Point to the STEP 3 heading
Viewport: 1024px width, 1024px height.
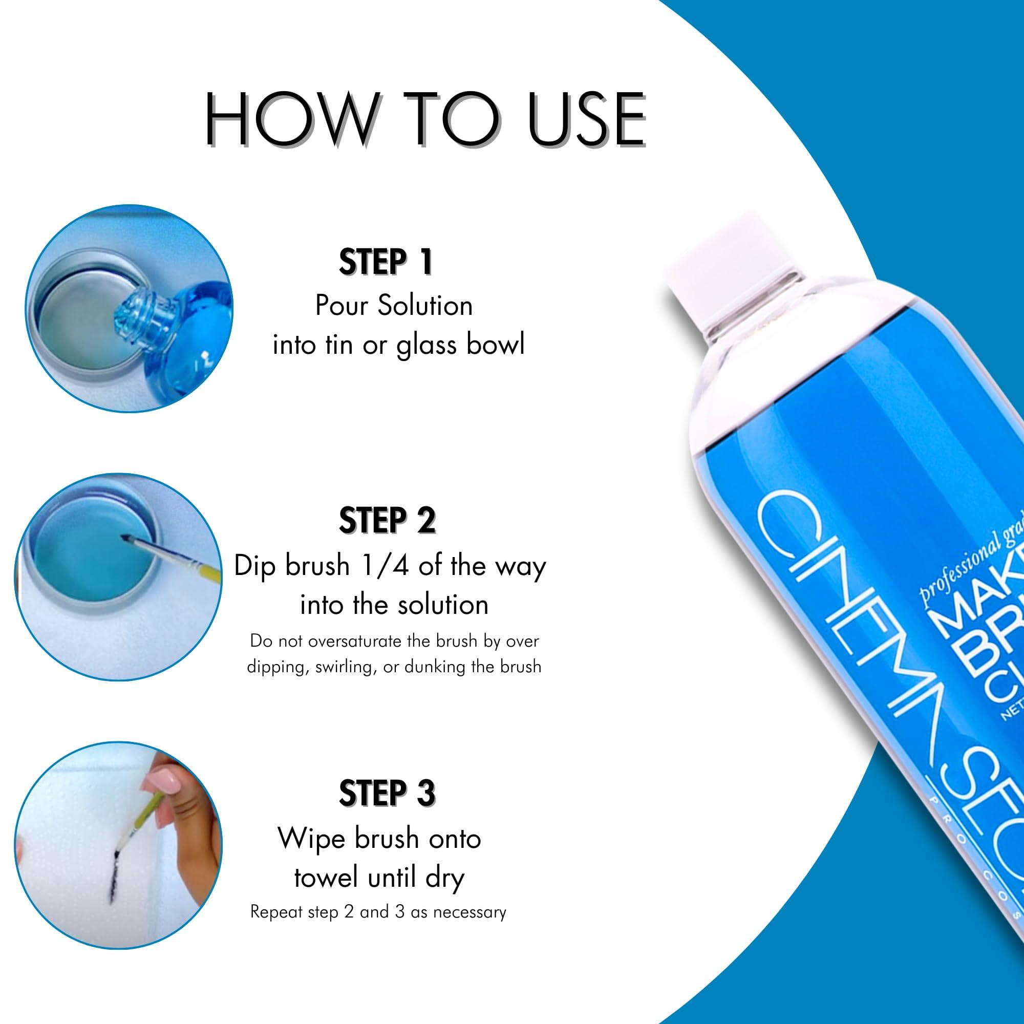[387, 793]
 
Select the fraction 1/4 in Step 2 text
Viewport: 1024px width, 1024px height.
[386, 566]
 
